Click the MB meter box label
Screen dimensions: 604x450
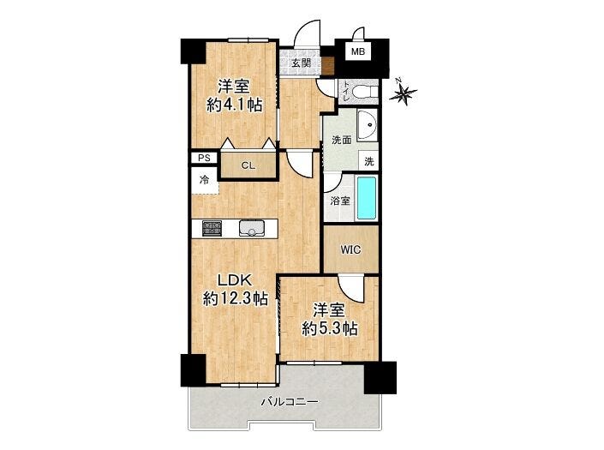[358, 51]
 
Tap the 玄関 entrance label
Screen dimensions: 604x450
[301, 63]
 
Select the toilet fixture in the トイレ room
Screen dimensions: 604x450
[365, 92]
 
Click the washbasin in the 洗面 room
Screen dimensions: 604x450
[367, 125]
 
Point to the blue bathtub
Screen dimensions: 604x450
[367, 198]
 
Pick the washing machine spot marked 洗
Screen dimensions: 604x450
[368, 160]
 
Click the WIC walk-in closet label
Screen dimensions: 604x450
[350, 249]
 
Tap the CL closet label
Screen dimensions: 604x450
[248, 165]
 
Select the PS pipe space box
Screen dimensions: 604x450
[205, 158]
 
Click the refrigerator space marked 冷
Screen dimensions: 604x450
[205, 180]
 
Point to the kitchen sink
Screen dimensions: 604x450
[252, 228]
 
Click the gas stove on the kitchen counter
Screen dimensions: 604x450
[212, 228]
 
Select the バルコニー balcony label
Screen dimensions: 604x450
[290, 402]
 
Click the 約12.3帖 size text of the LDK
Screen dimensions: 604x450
[236, 298]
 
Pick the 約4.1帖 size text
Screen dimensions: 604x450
[235, 105]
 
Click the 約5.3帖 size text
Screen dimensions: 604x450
[329, 328]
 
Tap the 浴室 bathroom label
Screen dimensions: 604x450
[340, 201]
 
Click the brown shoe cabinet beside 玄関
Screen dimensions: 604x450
[328, 66]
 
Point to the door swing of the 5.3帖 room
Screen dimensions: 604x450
[351, 288]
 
